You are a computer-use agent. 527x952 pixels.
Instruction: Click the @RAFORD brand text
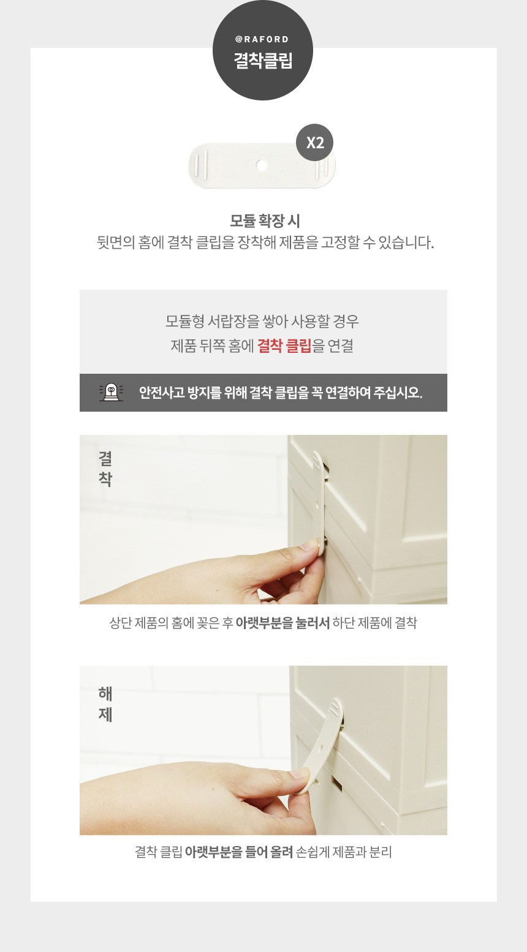[262, 39]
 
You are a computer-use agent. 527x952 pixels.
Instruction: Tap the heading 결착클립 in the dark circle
[263, 61]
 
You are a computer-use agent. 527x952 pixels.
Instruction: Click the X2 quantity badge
[315, 143]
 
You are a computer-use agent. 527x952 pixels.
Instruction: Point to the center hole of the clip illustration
[262, 165]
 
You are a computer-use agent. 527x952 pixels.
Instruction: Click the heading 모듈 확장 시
[265, 221]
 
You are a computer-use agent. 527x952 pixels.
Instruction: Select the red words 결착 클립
[284, 346]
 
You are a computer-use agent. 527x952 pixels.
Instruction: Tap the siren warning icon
[111, 392]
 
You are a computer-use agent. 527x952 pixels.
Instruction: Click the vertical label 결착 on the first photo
[105, 469]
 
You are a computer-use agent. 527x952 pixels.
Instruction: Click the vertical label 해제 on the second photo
[105, 704]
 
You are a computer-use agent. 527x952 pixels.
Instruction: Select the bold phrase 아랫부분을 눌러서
[282, 624]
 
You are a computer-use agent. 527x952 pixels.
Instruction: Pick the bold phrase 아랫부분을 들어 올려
[239, 852]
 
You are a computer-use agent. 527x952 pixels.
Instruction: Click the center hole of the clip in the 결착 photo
[317, 505]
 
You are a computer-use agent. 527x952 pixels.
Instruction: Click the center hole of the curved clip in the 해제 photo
[321, 747]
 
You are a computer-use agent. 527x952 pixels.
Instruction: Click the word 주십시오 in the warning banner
[397, 392]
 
